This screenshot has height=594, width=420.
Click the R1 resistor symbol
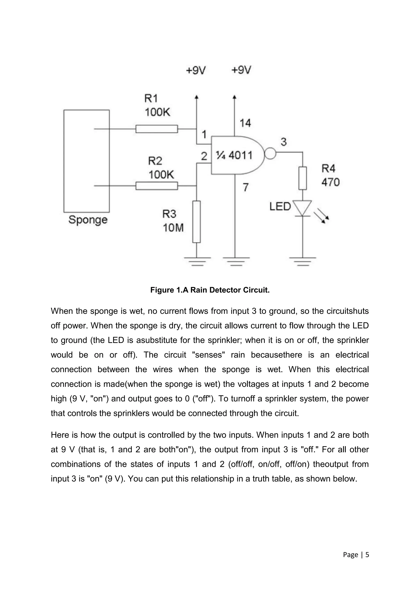point(156,129)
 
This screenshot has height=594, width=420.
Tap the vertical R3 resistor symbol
point(196,222)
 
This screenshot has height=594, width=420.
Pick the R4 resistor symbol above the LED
point(302,178)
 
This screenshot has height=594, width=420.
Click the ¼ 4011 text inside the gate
point(234,155)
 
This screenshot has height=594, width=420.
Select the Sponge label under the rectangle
point(88,220)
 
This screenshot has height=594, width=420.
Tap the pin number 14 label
point(245,123)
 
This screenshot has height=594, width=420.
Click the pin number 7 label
point(245,187)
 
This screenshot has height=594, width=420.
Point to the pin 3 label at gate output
point(284,142)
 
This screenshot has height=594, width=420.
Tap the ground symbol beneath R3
point(197,261)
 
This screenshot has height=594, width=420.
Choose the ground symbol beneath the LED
point(302,261)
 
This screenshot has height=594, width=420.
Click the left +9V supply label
point(196,70)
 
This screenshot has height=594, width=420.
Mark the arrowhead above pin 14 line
point(235,97)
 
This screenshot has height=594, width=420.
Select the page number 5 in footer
point(367,555)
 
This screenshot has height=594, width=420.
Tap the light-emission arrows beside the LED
point(322,216)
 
